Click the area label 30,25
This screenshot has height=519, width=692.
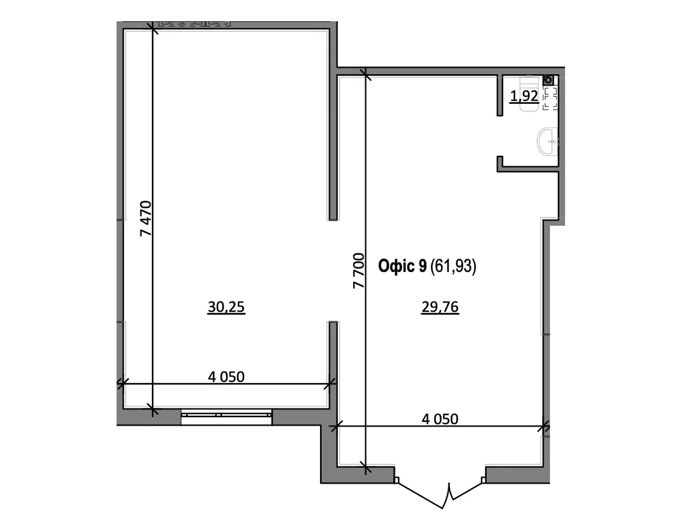(226, 307)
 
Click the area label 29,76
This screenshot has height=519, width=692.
(440, 307)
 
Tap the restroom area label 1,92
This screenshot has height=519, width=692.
(524, 96)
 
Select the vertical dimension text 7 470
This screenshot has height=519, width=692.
(146, 218)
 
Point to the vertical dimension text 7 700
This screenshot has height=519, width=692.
(359, 271)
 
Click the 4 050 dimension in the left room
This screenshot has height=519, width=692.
(226, 377)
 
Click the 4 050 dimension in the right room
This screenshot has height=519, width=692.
(440, 419)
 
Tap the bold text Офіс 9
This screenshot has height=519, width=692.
(402, 266)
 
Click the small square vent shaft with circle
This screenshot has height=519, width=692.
(548, 80)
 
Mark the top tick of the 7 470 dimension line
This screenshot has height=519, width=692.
(153, 29)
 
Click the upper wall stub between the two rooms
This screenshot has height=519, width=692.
(333, 143)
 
